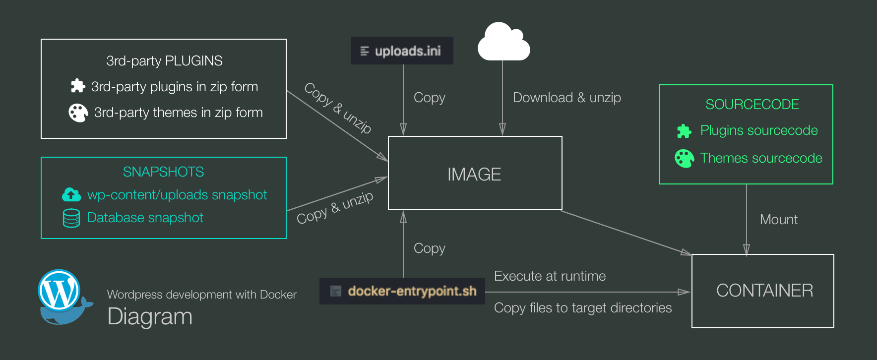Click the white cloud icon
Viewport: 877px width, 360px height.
point(503,43)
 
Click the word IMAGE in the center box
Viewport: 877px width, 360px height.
point(474,175)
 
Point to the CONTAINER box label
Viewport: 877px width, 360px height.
point(764,291)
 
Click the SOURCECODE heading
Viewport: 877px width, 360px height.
point(752,105)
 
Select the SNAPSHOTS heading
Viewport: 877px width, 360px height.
point(163,172)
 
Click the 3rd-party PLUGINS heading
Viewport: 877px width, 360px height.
point(164,61)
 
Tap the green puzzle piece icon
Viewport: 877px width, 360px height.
point(684,131)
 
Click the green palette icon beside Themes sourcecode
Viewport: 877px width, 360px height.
point(684,159)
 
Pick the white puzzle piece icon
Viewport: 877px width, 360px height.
point(78,86)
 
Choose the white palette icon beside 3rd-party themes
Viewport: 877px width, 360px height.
point(78,113)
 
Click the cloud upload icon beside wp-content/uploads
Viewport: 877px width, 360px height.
point(71,195)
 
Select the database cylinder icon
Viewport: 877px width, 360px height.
point(71,218)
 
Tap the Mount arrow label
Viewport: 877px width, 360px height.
point(778,220)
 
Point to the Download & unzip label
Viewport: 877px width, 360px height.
point(566,98)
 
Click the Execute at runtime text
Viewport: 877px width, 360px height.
point(550,276)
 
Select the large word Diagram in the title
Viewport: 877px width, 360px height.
point(150,317)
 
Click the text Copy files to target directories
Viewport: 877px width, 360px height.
point(583,308)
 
